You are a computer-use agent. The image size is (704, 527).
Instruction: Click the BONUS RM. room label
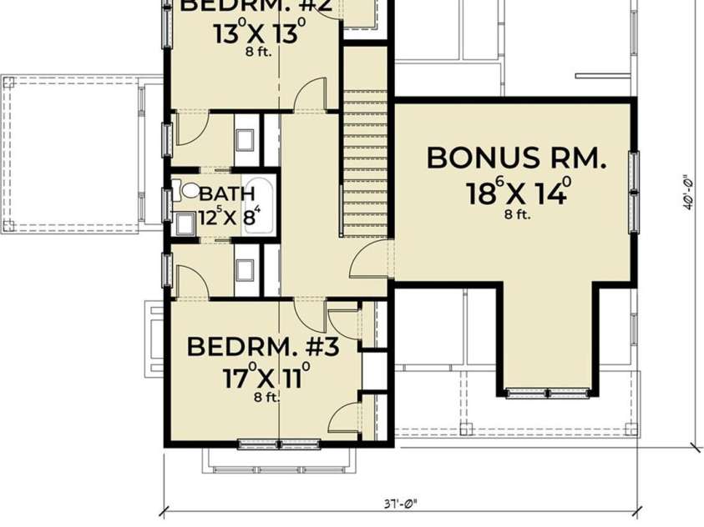516,158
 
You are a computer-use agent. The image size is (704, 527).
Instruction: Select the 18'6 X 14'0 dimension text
518,192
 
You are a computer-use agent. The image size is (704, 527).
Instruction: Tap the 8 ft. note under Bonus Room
517,214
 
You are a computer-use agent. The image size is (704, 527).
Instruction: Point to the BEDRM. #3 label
262,346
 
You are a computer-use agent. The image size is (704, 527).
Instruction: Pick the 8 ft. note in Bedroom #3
266,397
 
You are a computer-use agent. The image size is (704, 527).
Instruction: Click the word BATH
227,193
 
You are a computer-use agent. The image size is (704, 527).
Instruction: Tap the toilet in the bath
189,191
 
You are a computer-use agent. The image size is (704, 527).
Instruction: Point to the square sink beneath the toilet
186,224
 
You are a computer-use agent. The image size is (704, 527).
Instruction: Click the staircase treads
365,158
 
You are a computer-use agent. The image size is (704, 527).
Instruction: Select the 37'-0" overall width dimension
402,502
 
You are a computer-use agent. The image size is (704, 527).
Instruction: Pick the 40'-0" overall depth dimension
687,192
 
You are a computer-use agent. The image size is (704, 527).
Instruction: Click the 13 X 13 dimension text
258,36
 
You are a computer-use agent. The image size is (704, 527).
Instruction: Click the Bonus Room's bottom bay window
548,392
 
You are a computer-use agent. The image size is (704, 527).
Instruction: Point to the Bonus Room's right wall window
635,192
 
